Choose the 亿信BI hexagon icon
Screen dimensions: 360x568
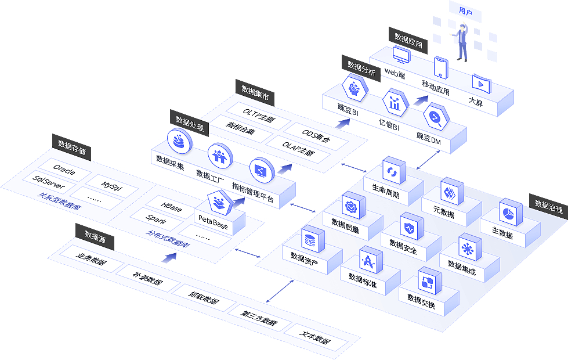tap(395, 103)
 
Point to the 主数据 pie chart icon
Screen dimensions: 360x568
tap(510, 213)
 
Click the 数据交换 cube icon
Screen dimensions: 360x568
tap(429, 282)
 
